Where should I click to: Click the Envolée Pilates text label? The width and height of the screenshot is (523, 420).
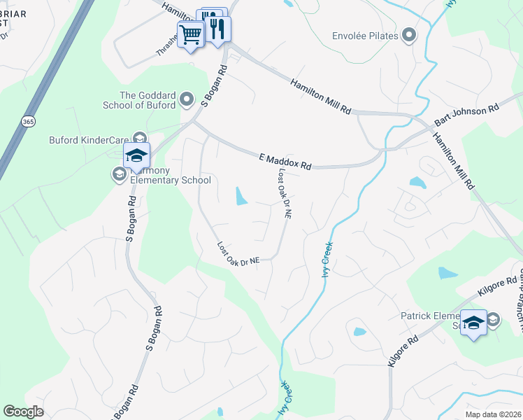[x=365, y=36]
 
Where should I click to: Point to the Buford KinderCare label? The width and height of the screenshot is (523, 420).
[x=89, y=140]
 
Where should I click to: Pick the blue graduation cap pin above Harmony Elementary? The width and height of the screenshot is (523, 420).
[x=136, y=155]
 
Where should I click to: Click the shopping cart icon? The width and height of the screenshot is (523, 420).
[x=190, y=34]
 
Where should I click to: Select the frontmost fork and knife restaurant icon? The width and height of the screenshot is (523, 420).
[x=218, y=29]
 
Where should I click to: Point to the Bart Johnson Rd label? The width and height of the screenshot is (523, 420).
[x=467, y=113]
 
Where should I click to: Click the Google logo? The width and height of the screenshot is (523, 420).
[x=23, y=412]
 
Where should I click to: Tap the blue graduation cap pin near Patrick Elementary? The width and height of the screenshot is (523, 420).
[x=473, y=323]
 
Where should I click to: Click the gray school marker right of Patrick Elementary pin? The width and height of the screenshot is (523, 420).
[x=493, y=319]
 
